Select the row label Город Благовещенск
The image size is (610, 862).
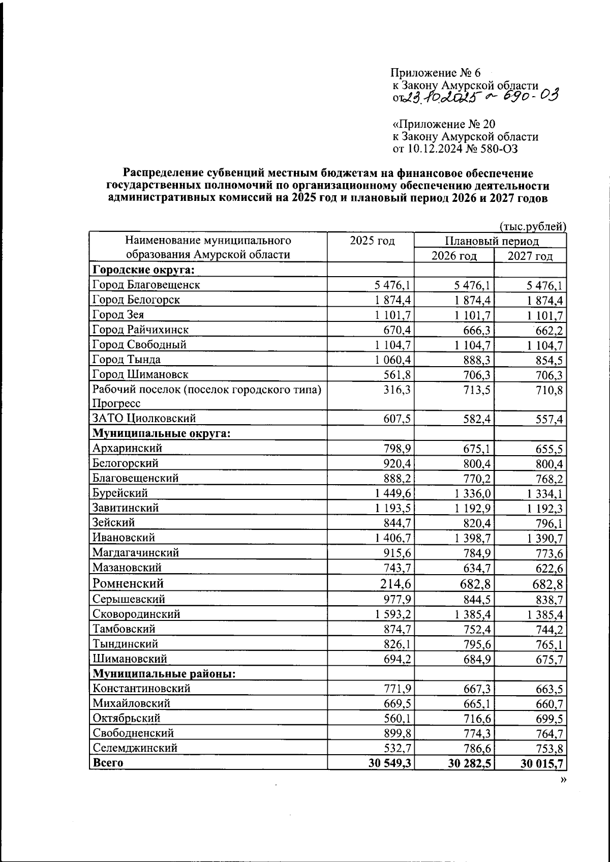click(146, 285)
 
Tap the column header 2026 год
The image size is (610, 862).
click(454, 256)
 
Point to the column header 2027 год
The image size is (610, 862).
click(530, 256)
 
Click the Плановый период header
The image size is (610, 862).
click(491, 241)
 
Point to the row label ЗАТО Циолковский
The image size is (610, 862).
click(144, 419)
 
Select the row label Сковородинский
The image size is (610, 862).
click(136, 614)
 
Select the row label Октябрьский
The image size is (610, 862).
click(127, 718)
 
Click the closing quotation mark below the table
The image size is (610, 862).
click(562, 781)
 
